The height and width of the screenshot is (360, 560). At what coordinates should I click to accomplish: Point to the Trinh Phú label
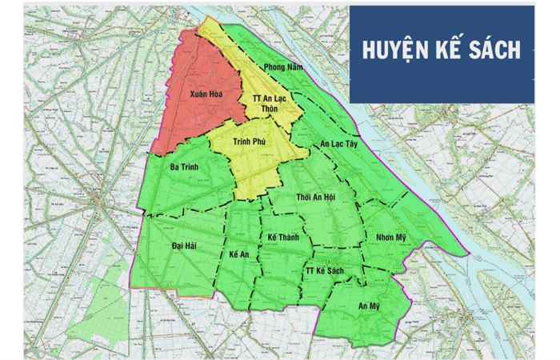pos(249,141)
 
